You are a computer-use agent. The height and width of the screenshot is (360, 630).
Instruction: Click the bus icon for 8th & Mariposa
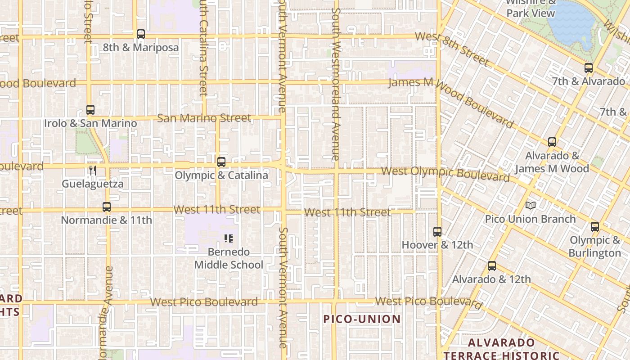(141, 34)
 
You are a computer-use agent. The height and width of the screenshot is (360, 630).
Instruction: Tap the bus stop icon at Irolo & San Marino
(90, 110)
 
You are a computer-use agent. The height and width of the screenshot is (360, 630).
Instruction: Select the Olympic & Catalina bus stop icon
(221, 162)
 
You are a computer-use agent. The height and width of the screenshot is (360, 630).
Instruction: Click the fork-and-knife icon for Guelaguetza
(93, 171)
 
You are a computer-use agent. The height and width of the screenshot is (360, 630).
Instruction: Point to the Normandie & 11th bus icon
(107, 207)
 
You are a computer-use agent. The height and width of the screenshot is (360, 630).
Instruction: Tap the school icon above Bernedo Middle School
(228, 238)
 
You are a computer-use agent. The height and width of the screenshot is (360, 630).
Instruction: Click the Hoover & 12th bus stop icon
(437, 232)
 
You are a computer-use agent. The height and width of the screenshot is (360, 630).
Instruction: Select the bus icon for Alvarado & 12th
(492, 266)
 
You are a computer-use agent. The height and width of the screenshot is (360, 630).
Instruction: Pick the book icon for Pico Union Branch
(531, 206)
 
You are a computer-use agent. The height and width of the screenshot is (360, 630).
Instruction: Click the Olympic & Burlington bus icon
(595, 227)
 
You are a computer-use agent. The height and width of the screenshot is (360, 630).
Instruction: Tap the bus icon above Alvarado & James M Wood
(552, 142)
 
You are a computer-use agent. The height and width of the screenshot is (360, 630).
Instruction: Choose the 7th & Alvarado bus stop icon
(589, 68)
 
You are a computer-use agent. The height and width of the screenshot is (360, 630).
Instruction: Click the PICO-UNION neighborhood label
(362, 319)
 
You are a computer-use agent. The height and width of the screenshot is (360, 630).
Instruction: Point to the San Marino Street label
(204, 118)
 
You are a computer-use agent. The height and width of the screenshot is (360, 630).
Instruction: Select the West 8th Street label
(451, 48)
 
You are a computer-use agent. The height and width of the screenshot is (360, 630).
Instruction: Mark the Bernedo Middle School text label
(229, 258)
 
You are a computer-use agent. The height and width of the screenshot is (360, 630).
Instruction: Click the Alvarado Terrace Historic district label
(501, 349)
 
